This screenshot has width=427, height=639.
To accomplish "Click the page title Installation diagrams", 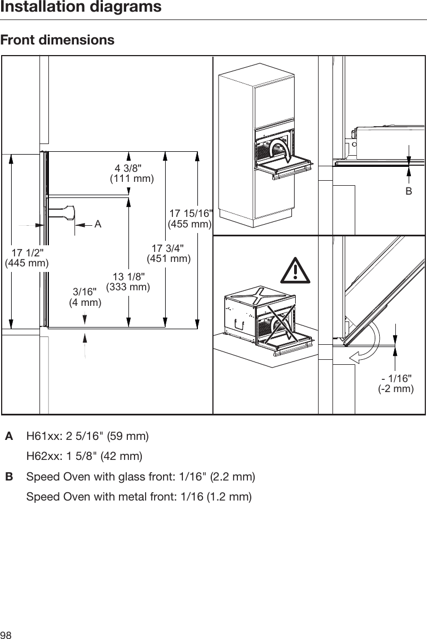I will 81,8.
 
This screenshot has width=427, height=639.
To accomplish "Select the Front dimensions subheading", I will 58,41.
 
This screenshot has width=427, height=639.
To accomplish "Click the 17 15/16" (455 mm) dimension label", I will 191,219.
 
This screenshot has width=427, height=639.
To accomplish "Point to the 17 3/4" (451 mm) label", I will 168,253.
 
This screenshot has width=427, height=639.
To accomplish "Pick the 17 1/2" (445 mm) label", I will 27,257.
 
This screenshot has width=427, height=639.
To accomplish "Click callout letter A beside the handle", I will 97,224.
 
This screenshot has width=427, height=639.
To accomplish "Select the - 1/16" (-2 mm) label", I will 396,384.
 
